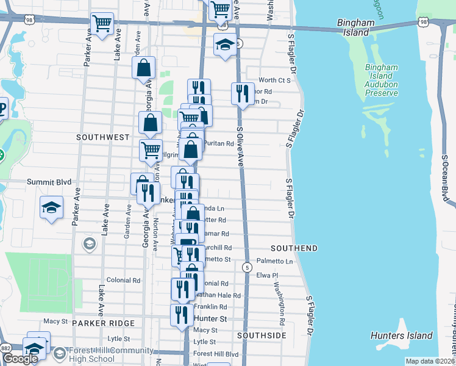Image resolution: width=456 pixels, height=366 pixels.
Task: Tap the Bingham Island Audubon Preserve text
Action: tap(382, 80)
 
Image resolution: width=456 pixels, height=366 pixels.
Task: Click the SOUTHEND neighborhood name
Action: tap(294, 248)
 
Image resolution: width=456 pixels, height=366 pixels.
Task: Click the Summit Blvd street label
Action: tap(49, 182)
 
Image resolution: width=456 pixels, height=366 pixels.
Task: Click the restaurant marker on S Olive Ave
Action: tap(242, 93)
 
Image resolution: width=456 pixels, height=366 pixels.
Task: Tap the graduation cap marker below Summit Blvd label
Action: tap(52, 207)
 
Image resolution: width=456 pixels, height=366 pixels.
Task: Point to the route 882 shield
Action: tap(6, 346)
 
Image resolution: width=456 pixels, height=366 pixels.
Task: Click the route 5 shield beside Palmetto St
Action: tap(247, 267)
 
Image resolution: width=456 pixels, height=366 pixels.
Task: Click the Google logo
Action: tap(20, 359)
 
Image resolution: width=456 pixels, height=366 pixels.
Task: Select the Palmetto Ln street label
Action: tap(274, 262)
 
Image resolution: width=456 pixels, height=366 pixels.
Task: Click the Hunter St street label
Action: tap(210, 318)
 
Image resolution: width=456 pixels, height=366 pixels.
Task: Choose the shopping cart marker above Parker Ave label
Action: tap(102, 24)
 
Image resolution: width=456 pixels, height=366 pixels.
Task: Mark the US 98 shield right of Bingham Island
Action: tap(424, 22)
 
